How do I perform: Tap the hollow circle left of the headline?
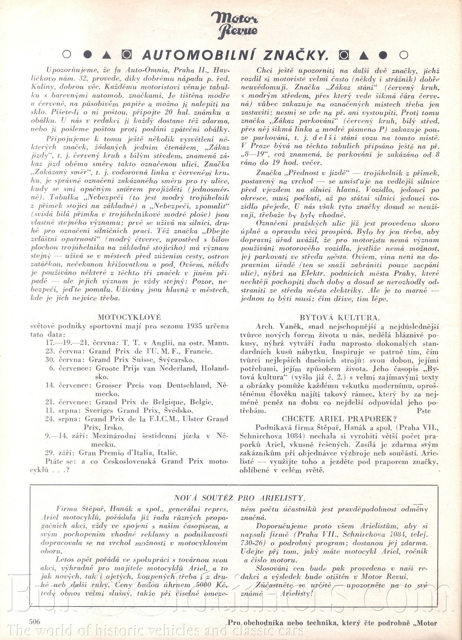[x=67, y=54]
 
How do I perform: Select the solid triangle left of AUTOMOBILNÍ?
[x=107, y=55]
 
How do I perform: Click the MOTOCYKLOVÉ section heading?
[x=129, y=317]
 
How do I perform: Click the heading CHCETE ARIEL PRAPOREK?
[x=339, y=419]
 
